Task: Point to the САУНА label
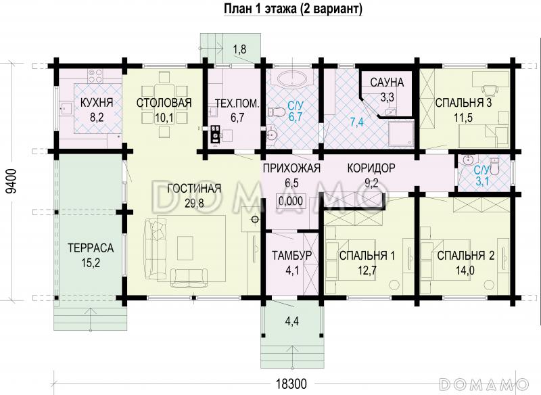387,83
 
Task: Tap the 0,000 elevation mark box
291,200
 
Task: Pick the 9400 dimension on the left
9,182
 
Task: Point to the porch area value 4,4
291,320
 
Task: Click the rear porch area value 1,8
239,49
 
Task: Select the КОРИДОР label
371,168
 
